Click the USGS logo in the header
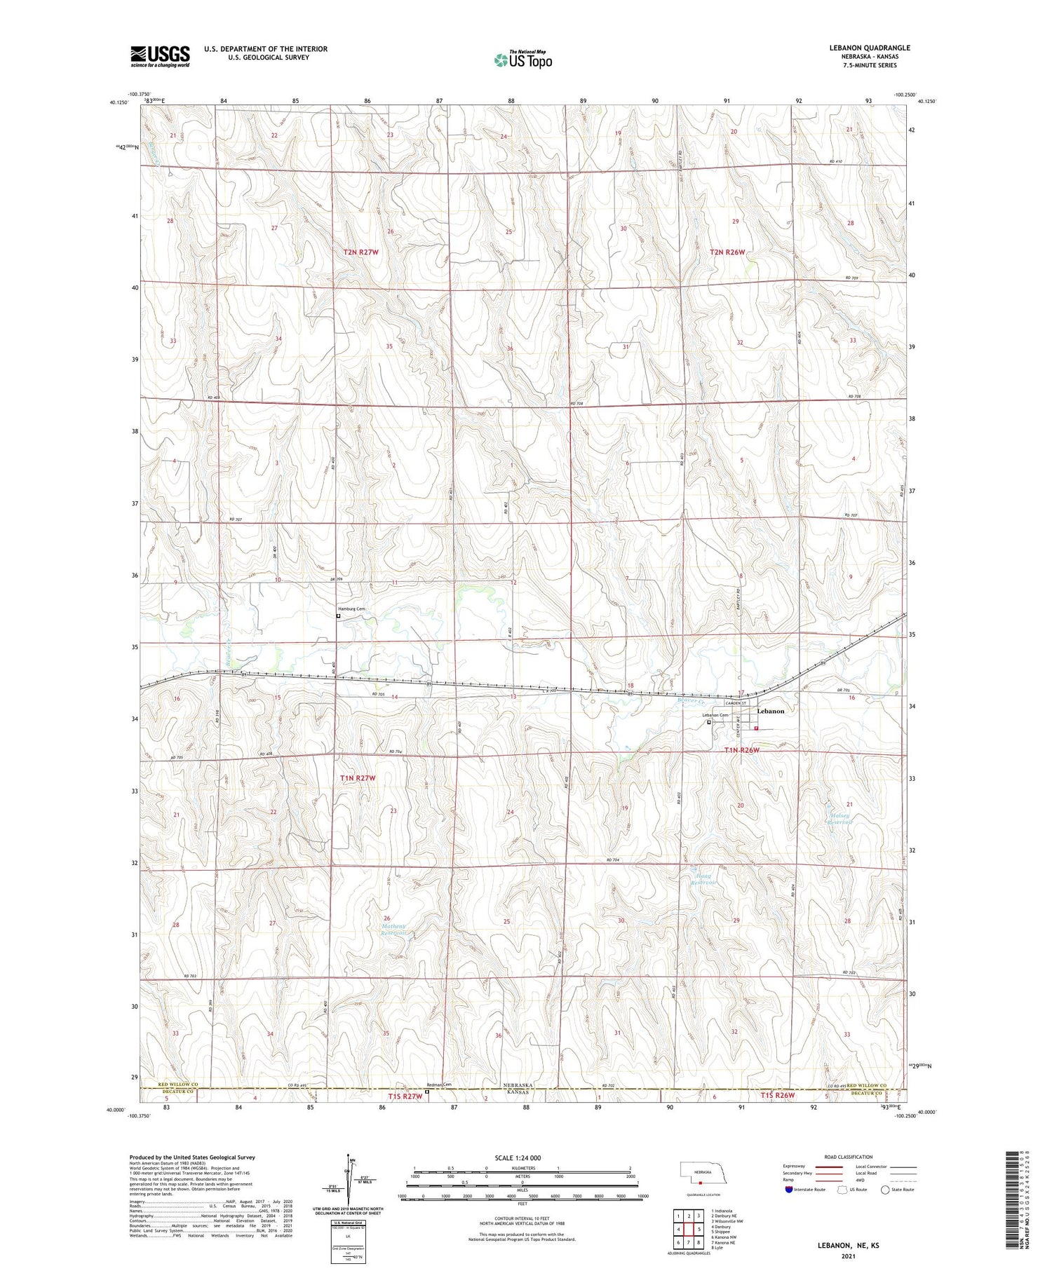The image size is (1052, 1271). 160,56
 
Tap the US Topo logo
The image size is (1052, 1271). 522,60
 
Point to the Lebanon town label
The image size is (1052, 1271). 770,711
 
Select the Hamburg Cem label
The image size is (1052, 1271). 351,609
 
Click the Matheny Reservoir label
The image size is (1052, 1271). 393,930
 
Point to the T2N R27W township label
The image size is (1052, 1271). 361,252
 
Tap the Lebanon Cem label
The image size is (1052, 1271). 716,715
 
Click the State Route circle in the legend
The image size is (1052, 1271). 885,1190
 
